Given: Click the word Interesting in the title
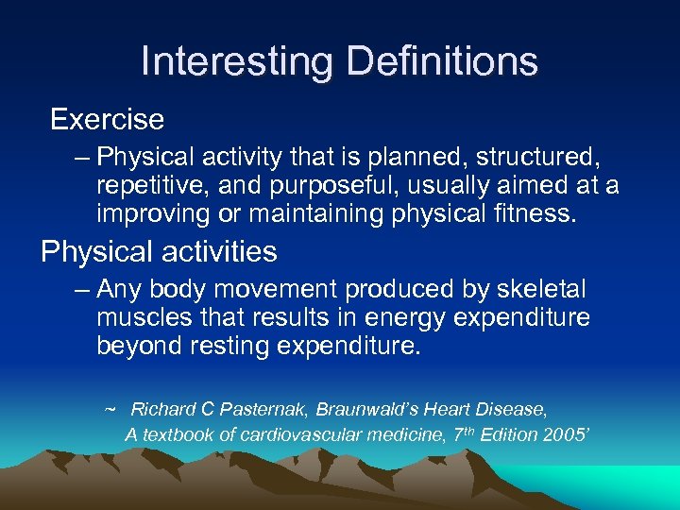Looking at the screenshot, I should tap(236, 61).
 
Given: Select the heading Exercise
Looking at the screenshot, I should tap(107, 120).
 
